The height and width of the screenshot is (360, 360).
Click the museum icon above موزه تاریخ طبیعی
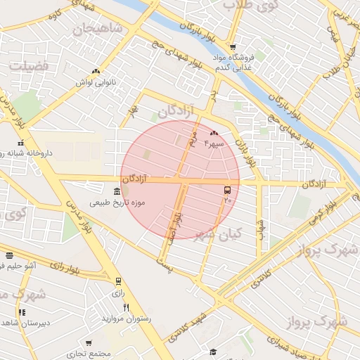pyautogui.click(x=117, y=192)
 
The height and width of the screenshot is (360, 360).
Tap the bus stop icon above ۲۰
pyautogui.click(x=227, y=190)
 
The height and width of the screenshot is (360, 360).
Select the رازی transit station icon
pyautogui.click(x=118, y=281)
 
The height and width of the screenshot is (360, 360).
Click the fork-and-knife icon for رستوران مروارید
pyautogui.click(x=127, y=307)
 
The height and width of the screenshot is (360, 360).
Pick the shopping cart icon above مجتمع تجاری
pyautogui.click(x=89, y=343)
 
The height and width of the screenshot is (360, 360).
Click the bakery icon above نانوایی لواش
pyautogui.click(x=96, y=71)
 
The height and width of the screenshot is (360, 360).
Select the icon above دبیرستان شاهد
pyautogui.click(x=22, y=312)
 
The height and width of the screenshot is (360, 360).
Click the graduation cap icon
pyautogui.click(x=213, y=352)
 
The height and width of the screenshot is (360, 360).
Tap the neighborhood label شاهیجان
pyautogui.click(x=97, y=29)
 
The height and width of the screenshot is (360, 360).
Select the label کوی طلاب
pyautogui.click(x=249, y=6)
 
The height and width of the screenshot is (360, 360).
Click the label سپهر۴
pyautogui.click(x=214, y=143)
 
